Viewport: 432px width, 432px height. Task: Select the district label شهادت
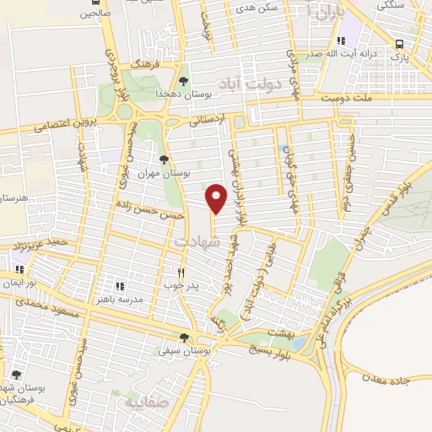click(x=195, y=241)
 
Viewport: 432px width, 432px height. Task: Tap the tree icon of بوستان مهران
click(x=164, y=159)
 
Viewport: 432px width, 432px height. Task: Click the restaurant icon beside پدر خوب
click(x=181, y=273)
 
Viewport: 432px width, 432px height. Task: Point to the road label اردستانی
click(x=208, y=121)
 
